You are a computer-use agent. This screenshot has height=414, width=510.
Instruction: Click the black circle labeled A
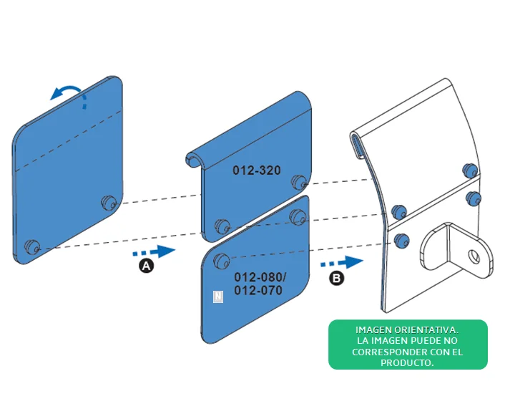pyautogui.click(x=147, y=266)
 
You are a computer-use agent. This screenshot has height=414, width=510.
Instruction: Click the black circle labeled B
pyautogui.click(x=336, y=278)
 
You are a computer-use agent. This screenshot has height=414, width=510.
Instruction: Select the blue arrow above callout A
pyautogui.click(x=154, y=251)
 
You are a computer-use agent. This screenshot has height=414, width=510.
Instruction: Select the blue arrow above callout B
pyautogui.click(x=341, y=262)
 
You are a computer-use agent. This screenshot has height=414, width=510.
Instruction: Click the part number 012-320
pyautogui.click(x=257, y=170)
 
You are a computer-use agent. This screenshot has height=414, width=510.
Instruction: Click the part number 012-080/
pyautogui.click(x=260, y=277)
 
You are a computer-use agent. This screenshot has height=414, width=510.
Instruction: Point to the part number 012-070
pyautogui.click(x=258, y=290)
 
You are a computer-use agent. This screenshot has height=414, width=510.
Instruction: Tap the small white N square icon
pyautogui.click(x=218, y=297)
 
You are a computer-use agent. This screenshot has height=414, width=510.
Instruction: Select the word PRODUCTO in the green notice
pyautogui.click(x=407, y=363)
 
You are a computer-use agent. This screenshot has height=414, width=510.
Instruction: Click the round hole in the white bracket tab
pyautogui.click(x=474, y=256)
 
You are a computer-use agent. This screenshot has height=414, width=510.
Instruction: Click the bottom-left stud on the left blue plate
pyautogui.click(x=32, y=247)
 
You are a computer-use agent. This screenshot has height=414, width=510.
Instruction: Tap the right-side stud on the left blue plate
pyautogui.click(x=109, y=203)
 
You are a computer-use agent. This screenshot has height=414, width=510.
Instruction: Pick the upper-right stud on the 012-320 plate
pyautogui.click(x=299, y=183)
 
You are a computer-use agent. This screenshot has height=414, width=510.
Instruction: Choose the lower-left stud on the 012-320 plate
pyautogui.click(x=222, y=226)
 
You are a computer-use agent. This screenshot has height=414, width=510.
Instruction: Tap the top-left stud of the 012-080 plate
pyautogui.click(x=222, y=261)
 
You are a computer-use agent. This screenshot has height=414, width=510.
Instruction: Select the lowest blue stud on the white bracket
pyautogui.click(x=401, y=241)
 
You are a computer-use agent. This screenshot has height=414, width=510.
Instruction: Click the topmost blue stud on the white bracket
pyautogui.click(x=470, y=170)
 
